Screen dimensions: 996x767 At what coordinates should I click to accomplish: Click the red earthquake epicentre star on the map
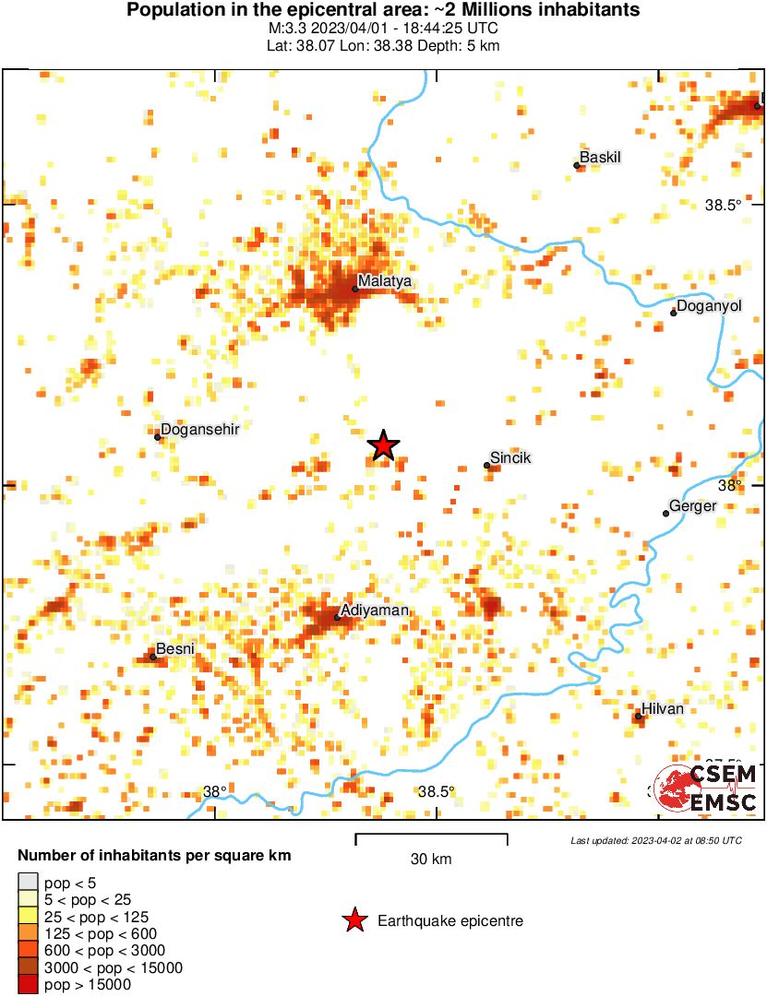click(383, 445)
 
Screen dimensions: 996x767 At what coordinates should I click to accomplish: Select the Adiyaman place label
click(375, 610)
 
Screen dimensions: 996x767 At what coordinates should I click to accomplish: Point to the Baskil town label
click(601, 157)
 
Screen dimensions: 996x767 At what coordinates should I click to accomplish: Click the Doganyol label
click(709, 305)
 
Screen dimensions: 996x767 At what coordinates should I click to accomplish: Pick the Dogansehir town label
click(199, 430)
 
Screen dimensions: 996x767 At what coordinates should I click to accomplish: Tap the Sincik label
click(510, 457)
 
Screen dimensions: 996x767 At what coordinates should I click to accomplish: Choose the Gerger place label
click(692, 506)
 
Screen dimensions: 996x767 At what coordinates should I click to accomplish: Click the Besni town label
click(175, 649)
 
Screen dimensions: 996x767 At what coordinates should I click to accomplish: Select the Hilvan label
click(663, 708)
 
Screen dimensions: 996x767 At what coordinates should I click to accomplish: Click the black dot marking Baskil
click(577, 166)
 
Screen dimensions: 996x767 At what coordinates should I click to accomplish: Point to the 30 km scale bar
click(431, 839)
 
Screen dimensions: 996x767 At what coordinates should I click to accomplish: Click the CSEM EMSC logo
click(706, 788)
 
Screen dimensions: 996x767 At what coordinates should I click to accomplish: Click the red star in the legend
click(354, 919)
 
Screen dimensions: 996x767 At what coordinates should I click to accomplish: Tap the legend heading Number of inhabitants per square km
click(154, 856)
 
